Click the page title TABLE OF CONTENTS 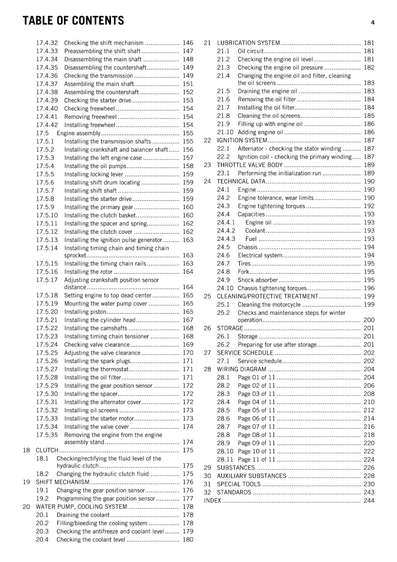pos(73,21)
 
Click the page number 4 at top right pos(372,23)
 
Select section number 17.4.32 pos(47,43)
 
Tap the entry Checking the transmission pos(98,76)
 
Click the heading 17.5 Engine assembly pos(78,133)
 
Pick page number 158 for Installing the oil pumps pos(188,166)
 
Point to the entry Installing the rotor pos(88,272)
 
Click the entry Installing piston pos(85,312)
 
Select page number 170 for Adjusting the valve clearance pos(188,353)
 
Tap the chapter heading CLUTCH pos(47,450)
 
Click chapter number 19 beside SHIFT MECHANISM pos(26,482)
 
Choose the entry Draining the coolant pos(83,515)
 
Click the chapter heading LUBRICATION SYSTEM pos(248,43)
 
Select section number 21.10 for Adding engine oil pos(225,132)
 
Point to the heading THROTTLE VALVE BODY pos(249,165)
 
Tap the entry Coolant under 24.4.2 pos(255,230)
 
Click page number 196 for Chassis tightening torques pos(369,288)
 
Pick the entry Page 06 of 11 pos(256,418)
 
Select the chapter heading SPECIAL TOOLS pos(239,484)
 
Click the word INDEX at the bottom pos(213,501)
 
